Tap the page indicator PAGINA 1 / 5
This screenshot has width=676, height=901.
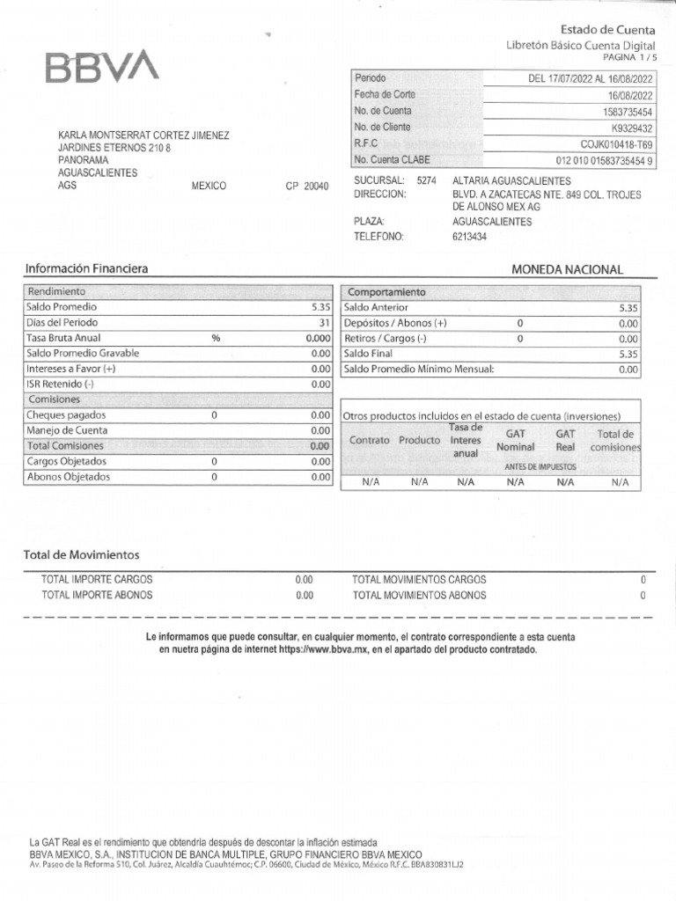[628, 56]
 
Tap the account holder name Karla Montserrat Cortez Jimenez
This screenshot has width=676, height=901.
[143, 136]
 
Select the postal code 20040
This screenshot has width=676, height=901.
[315, 187]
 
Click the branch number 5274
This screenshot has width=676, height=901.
[426, 180]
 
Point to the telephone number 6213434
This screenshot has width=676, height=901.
[469, 237]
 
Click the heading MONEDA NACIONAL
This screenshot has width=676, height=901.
[567, 270]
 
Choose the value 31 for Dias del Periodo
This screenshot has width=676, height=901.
[324, 323]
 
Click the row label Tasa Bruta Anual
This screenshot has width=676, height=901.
[63, 338]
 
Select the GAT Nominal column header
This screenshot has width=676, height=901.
[515, 441]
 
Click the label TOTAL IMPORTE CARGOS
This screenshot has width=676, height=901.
[97, 580]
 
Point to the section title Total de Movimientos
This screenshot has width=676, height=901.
[81, 555]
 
